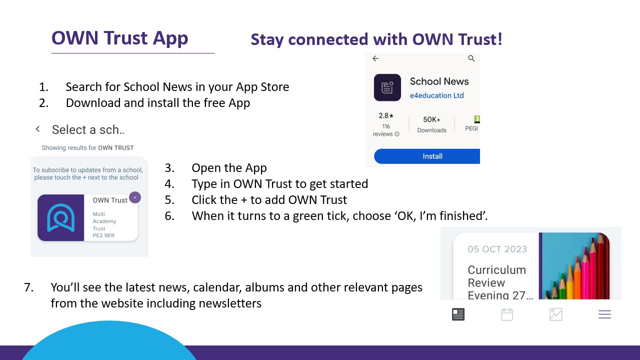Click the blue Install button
coord(427,156)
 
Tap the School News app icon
coord(387,87)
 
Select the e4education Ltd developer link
coord(436,95)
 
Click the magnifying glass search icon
coord(471,58)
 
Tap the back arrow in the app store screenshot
coord(375,58)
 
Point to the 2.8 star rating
coord(386,115)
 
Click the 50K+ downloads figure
coord(431,119)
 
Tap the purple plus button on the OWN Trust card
coord(135,197)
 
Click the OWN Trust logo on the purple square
coord(61,217)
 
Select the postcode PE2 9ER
coord(103,235)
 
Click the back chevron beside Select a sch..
coord(37,129)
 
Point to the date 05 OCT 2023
coord(497,249)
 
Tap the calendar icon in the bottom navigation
coord(507,314)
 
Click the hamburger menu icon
coord(604,314)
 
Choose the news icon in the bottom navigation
coord(458,314)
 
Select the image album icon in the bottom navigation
coord(555,314)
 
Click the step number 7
coord(28,287)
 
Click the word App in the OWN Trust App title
coord(170,38)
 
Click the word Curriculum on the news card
coord(497,270)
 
